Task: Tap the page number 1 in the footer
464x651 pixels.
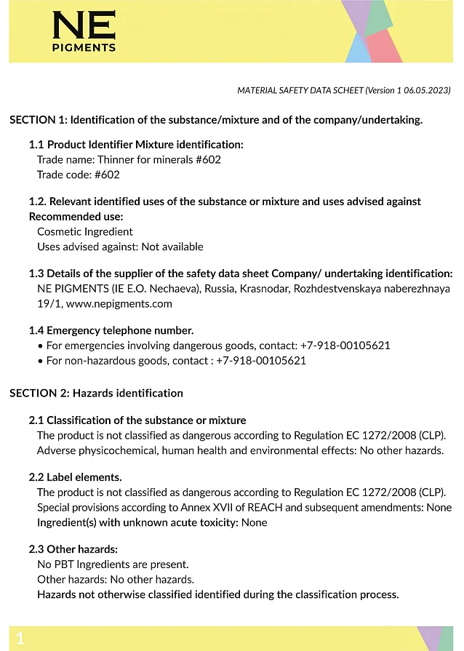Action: (20, 639)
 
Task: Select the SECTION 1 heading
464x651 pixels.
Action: (215, 119)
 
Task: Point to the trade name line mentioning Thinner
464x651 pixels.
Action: (129, 159)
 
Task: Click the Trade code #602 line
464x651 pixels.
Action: (79, 175)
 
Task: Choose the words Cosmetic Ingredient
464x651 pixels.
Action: (85, 231)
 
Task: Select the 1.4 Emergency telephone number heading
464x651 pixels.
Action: (111, 330)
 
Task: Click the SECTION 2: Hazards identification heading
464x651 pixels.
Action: (96, 393)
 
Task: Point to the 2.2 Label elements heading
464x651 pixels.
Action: (75, 477)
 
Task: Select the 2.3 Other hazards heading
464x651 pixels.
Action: (73, 548)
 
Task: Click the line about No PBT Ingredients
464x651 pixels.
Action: (113, 564)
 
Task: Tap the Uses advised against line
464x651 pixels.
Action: (120, 247)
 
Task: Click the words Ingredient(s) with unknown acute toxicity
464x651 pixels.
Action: (137, 522)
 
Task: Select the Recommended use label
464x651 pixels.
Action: (76, 216)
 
